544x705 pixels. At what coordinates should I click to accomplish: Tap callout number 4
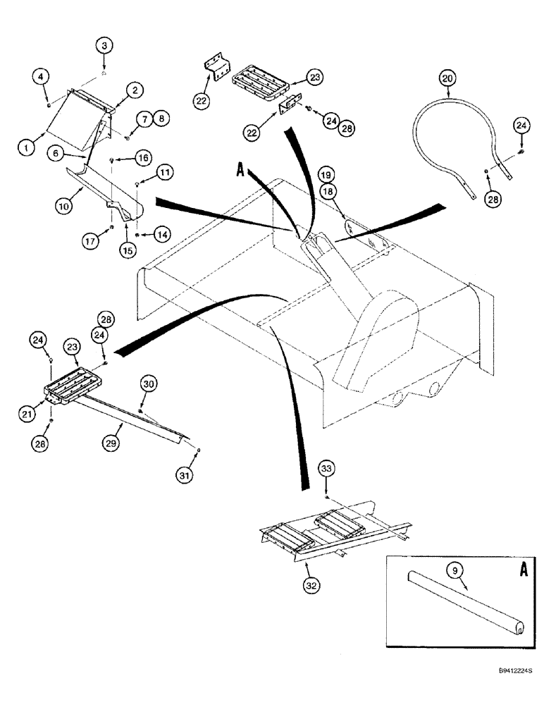point(44,76)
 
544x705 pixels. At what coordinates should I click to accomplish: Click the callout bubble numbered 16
point(143,158)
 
